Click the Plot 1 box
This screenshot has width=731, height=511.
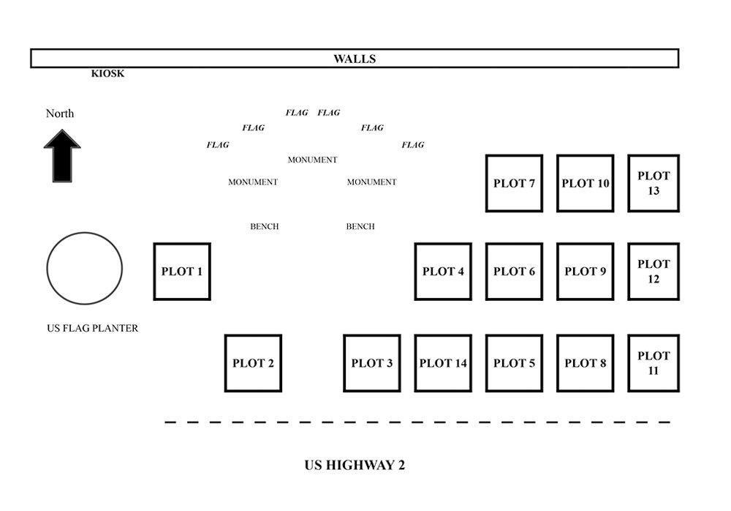182,272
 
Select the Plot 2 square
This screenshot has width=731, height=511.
253,363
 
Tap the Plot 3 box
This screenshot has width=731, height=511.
372,363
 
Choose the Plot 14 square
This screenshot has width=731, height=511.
443,363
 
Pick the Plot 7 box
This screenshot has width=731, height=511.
514,183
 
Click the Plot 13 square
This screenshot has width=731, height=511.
654,183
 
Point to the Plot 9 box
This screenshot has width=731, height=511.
585,272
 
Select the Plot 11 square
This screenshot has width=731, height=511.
654,363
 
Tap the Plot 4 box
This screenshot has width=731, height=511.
443,272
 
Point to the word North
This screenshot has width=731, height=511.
60,113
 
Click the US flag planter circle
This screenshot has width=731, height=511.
85,269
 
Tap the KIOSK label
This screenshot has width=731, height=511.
107,74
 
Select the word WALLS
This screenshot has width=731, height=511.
355,59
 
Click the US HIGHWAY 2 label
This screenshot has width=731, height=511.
355,465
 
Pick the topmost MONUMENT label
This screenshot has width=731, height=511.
312,160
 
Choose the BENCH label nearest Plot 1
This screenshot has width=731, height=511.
265,227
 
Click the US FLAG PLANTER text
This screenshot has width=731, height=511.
92,329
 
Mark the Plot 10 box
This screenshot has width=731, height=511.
585,183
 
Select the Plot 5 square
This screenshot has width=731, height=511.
514,363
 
